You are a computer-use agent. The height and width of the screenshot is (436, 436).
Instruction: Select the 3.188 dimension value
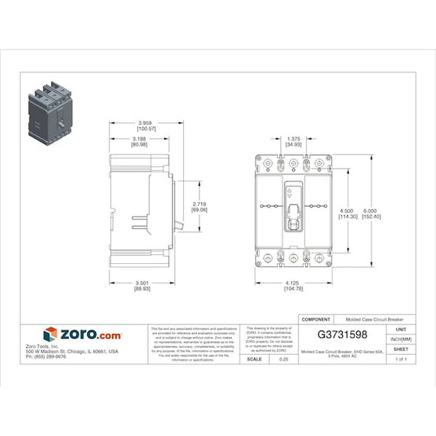tap(138, 138)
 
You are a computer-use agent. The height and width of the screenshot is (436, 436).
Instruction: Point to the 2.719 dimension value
tap(199, 203)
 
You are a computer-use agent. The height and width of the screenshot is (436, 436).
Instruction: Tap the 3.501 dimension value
tap(143, 282)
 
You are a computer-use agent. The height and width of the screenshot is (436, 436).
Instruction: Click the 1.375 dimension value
tap(293, 138)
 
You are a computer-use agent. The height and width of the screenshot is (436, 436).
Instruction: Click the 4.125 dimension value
tap(293, 282)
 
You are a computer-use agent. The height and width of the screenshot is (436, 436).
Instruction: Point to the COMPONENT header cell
tap(317, 319)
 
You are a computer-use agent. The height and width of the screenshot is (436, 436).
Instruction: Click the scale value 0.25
tap(283, 359)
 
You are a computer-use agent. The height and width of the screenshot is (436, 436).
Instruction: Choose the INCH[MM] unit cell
tap(401, 339)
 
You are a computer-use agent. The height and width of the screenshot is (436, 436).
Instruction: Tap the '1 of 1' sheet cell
tap(401, 359)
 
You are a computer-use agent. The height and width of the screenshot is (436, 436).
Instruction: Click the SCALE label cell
tap(253, 359)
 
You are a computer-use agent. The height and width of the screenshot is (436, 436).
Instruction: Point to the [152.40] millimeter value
tap(372, 216)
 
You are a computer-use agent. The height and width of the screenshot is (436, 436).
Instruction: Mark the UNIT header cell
tap(401, 329)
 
